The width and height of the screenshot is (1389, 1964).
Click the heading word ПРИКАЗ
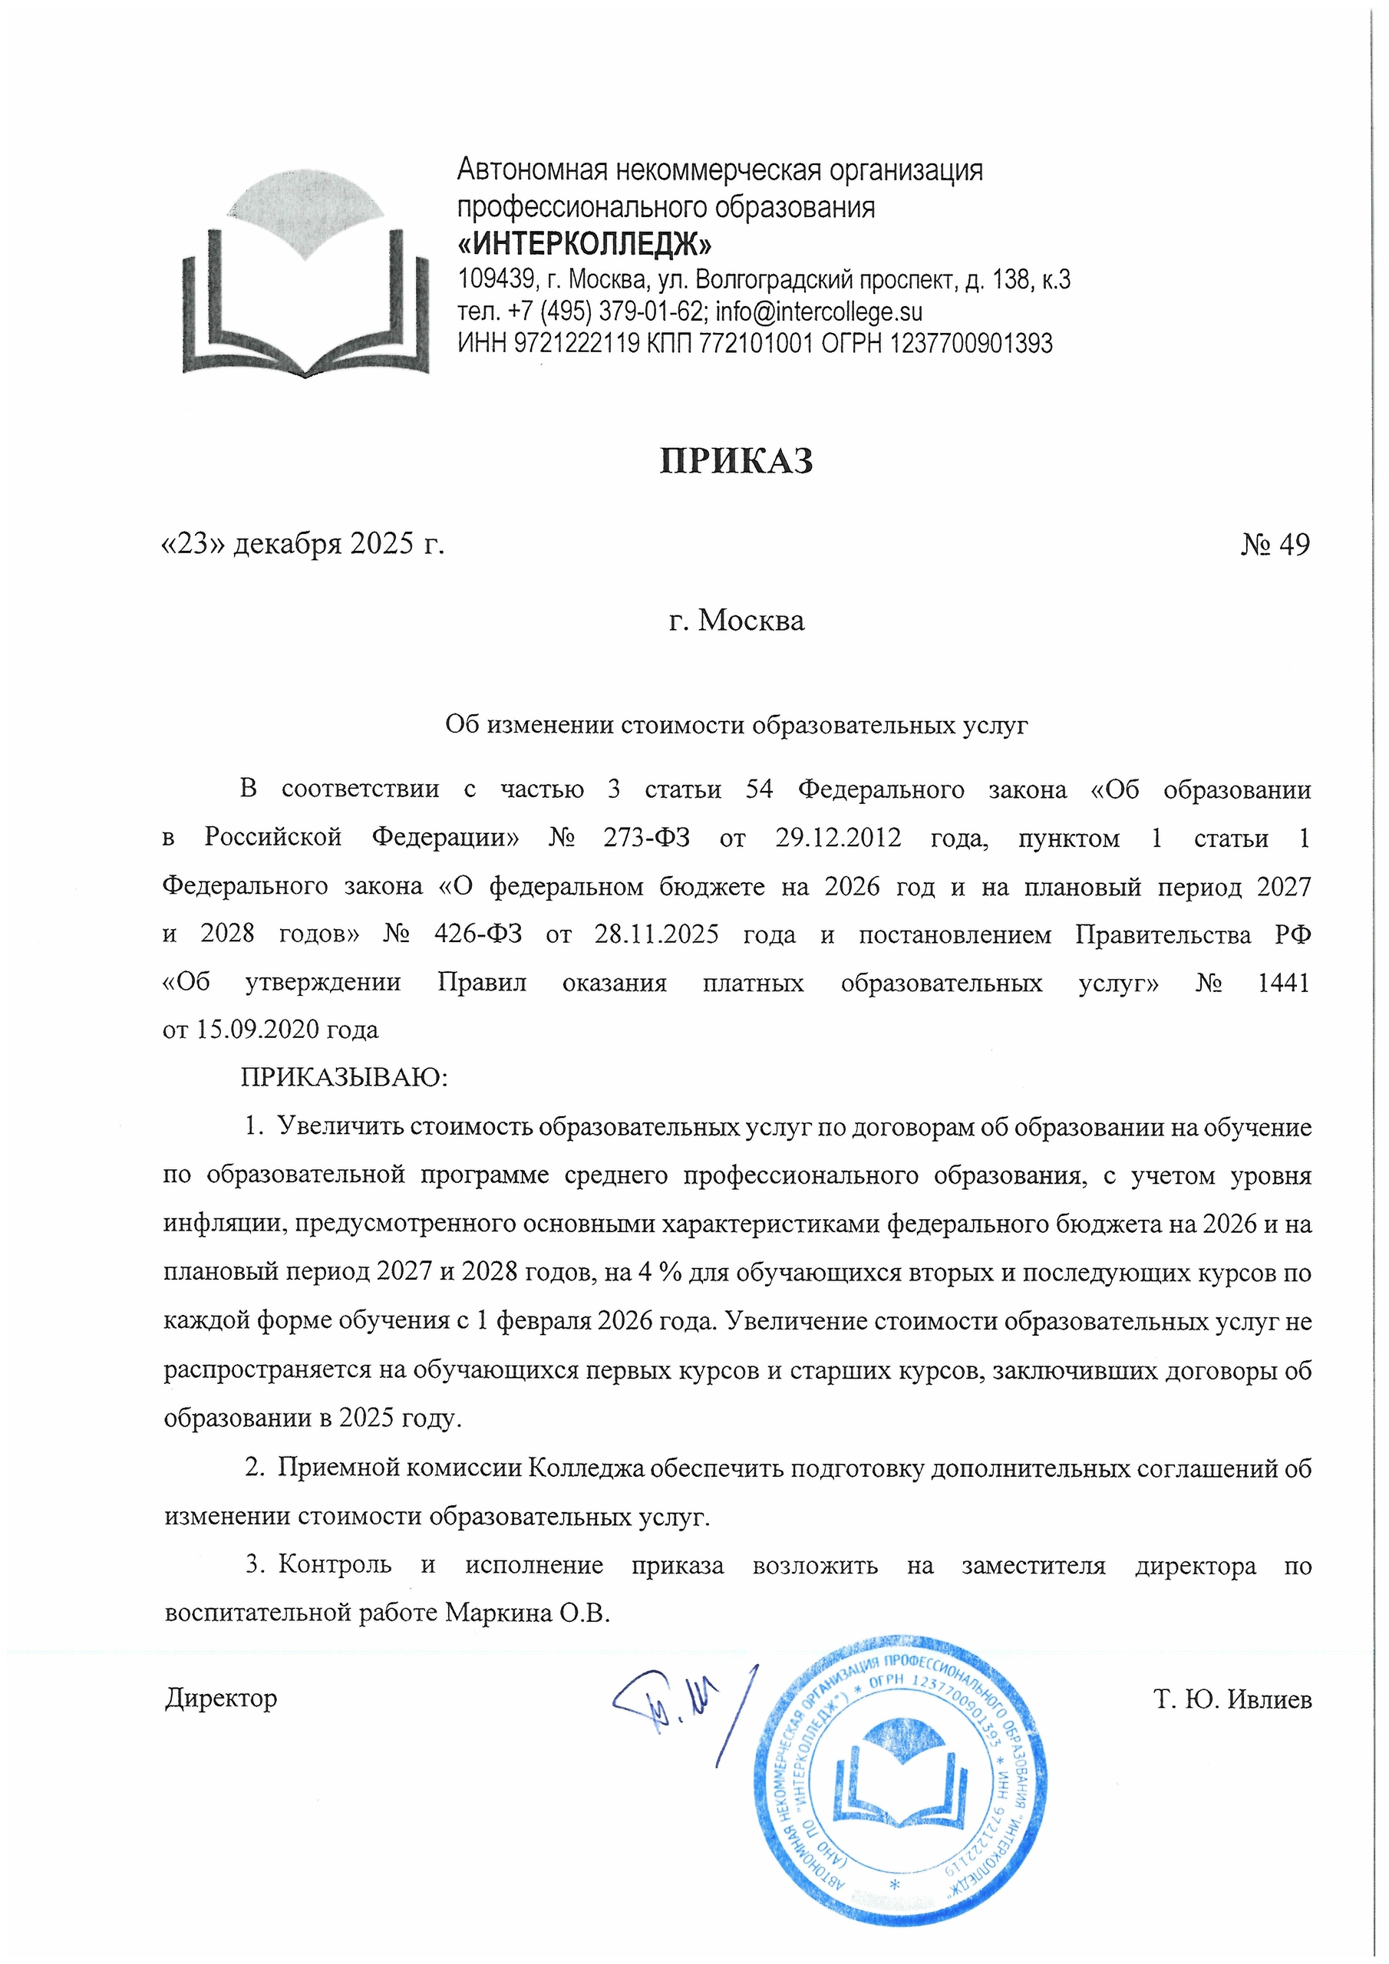click(x=736, y=461)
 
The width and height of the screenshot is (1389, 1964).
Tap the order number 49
click(x=1293, y=545)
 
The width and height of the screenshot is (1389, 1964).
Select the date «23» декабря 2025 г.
click(x=303, y=544)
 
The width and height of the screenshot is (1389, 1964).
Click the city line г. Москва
click(x=736, y=620)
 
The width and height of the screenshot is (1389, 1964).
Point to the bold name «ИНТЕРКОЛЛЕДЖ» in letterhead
click(x=585, y=245)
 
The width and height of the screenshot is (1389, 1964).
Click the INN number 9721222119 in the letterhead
click(x=577, y=344)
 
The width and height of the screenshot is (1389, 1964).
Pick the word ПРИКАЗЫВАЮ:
click(x=344, y=1077)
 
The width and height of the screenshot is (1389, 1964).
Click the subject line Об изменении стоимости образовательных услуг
click(x=736, y=726)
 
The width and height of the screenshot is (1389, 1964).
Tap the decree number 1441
click(x=1283, y=983)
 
